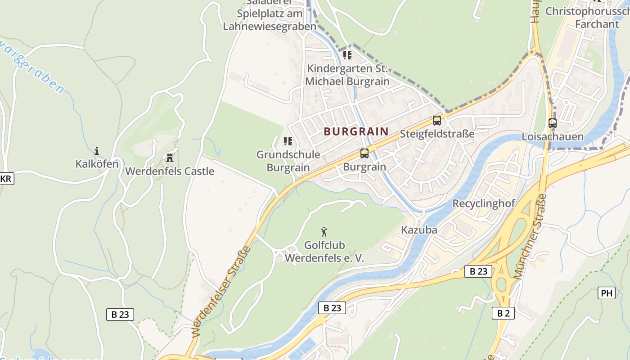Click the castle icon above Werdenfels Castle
[x=170, y=157]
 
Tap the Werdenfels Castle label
[x=170, y=171]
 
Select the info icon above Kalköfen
[x=96, y=151]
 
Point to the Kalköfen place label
[x=97, y=164]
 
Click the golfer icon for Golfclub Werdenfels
[x=324, y=232]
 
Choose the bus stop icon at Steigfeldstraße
[x=436, y=121]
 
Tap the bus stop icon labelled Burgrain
[x=364, y=153]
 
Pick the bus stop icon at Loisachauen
[x=552, y=123]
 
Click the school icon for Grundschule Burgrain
[x=288, y=141]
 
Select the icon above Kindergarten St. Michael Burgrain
[x=347, y=55]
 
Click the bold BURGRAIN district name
[x=356, y=131]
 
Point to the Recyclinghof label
[x=483, y=203]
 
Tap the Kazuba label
[x=419, y=230]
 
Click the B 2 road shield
[x=503, y=313]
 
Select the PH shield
[x=607, y=293]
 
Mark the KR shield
[x=6, y=179]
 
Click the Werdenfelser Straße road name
[x=221, y=292]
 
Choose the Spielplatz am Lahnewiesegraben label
[x=270, y=20]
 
